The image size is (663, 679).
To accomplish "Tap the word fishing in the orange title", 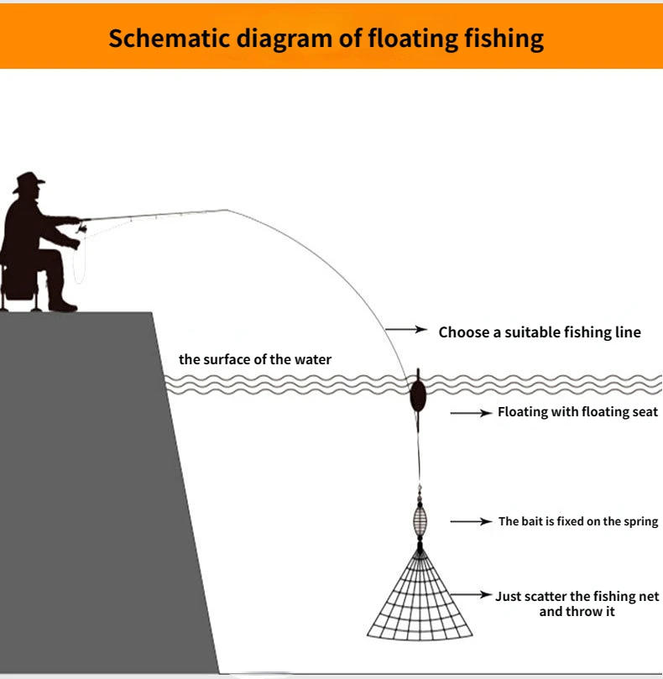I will (502, 39).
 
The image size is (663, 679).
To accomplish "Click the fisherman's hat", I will (29, 180).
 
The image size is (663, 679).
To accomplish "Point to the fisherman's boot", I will (60, 302).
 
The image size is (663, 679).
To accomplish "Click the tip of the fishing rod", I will (227, 210).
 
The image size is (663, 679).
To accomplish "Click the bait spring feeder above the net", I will (420, 520).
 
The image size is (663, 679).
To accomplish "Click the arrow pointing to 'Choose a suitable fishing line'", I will (406, 331).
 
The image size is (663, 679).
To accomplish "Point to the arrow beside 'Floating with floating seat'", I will (471, 413).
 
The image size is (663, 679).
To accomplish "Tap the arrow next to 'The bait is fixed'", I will (471, 521).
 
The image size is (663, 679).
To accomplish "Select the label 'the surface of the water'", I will (255, 359).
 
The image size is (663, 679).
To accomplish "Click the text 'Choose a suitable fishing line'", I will (540, 332).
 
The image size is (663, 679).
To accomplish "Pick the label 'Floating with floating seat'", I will (577, 412).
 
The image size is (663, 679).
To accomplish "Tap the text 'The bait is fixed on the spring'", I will (578, 521).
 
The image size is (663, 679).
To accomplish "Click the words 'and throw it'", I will (577, 612).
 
